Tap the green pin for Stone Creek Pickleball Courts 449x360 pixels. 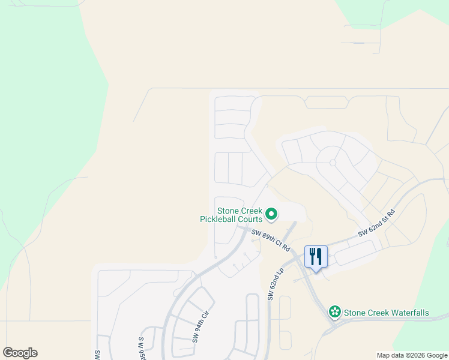click(271, 213)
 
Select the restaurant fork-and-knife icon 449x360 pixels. click(316, 257)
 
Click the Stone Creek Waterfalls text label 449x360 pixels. click(386, 313)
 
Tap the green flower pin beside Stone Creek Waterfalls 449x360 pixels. click(334, 312)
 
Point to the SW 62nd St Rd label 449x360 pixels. click(376, 223)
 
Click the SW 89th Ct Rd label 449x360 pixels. click(271, 240)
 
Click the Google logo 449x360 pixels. click(20, 352)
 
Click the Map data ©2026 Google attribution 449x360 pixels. click(412, 355)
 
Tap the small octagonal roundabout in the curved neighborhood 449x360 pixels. click(332, 163)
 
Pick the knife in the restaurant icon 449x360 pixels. click(320, 256)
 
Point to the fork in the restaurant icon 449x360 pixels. click(312, 256)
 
